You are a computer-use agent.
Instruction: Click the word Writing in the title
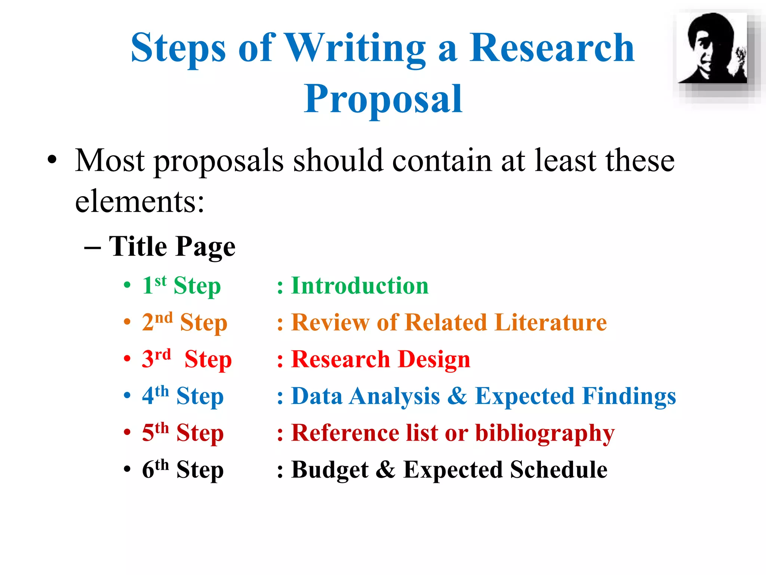pos(355,49)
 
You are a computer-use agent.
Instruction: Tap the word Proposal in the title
pos(383,99)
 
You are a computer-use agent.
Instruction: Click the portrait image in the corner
pos(713,49)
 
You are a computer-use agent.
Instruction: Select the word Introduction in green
pos(360,286)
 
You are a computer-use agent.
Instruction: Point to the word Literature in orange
pos(551,323)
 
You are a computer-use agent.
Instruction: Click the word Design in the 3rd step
pos(434,359)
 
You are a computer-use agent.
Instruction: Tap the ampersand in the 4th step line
pos(457,396)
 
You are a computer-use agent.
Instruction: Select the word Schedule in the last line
pos(559,470)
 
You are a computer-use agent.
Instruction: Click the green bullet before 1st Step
pos(127,285)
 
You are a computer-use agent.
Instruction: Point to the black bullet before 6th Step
pos(127,469)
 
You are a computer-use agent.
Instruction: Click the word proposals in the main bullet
pos(219,161)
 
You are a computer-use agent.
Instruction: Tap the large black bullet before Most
pos(52,160)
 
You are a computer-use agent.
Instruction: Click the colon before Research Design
pos(280,360)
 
